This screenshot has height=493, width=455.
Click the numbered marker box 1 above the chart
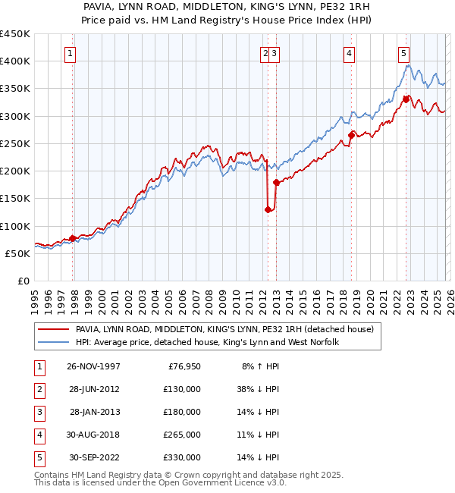point(70,53)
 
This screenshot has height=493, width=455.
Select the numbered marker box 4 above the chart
point(349,53)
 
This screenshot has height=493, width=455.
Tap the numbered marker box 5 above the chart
point(403,53)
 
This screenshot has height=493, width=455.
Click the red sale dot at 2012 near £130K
point(268,210)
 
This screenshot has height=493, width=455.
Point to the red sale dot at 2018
point(351,136)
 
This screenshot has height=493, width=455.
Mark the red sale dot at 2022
point(406,99)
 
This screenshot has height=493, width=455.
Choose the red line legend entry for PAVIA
point(224,330)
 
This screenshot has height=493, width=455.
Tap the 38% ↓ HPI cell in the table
point(259,389)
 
